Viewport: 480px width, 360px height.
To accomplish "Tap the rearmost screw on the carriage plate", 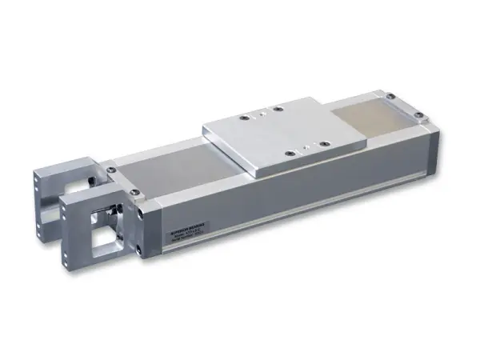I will pos(277,108).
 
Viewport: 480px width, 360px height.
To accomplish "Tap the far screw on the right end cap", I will pos(390,97).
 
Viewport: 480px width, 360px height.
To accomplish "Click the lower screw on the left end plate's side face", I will pos(140,250).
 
